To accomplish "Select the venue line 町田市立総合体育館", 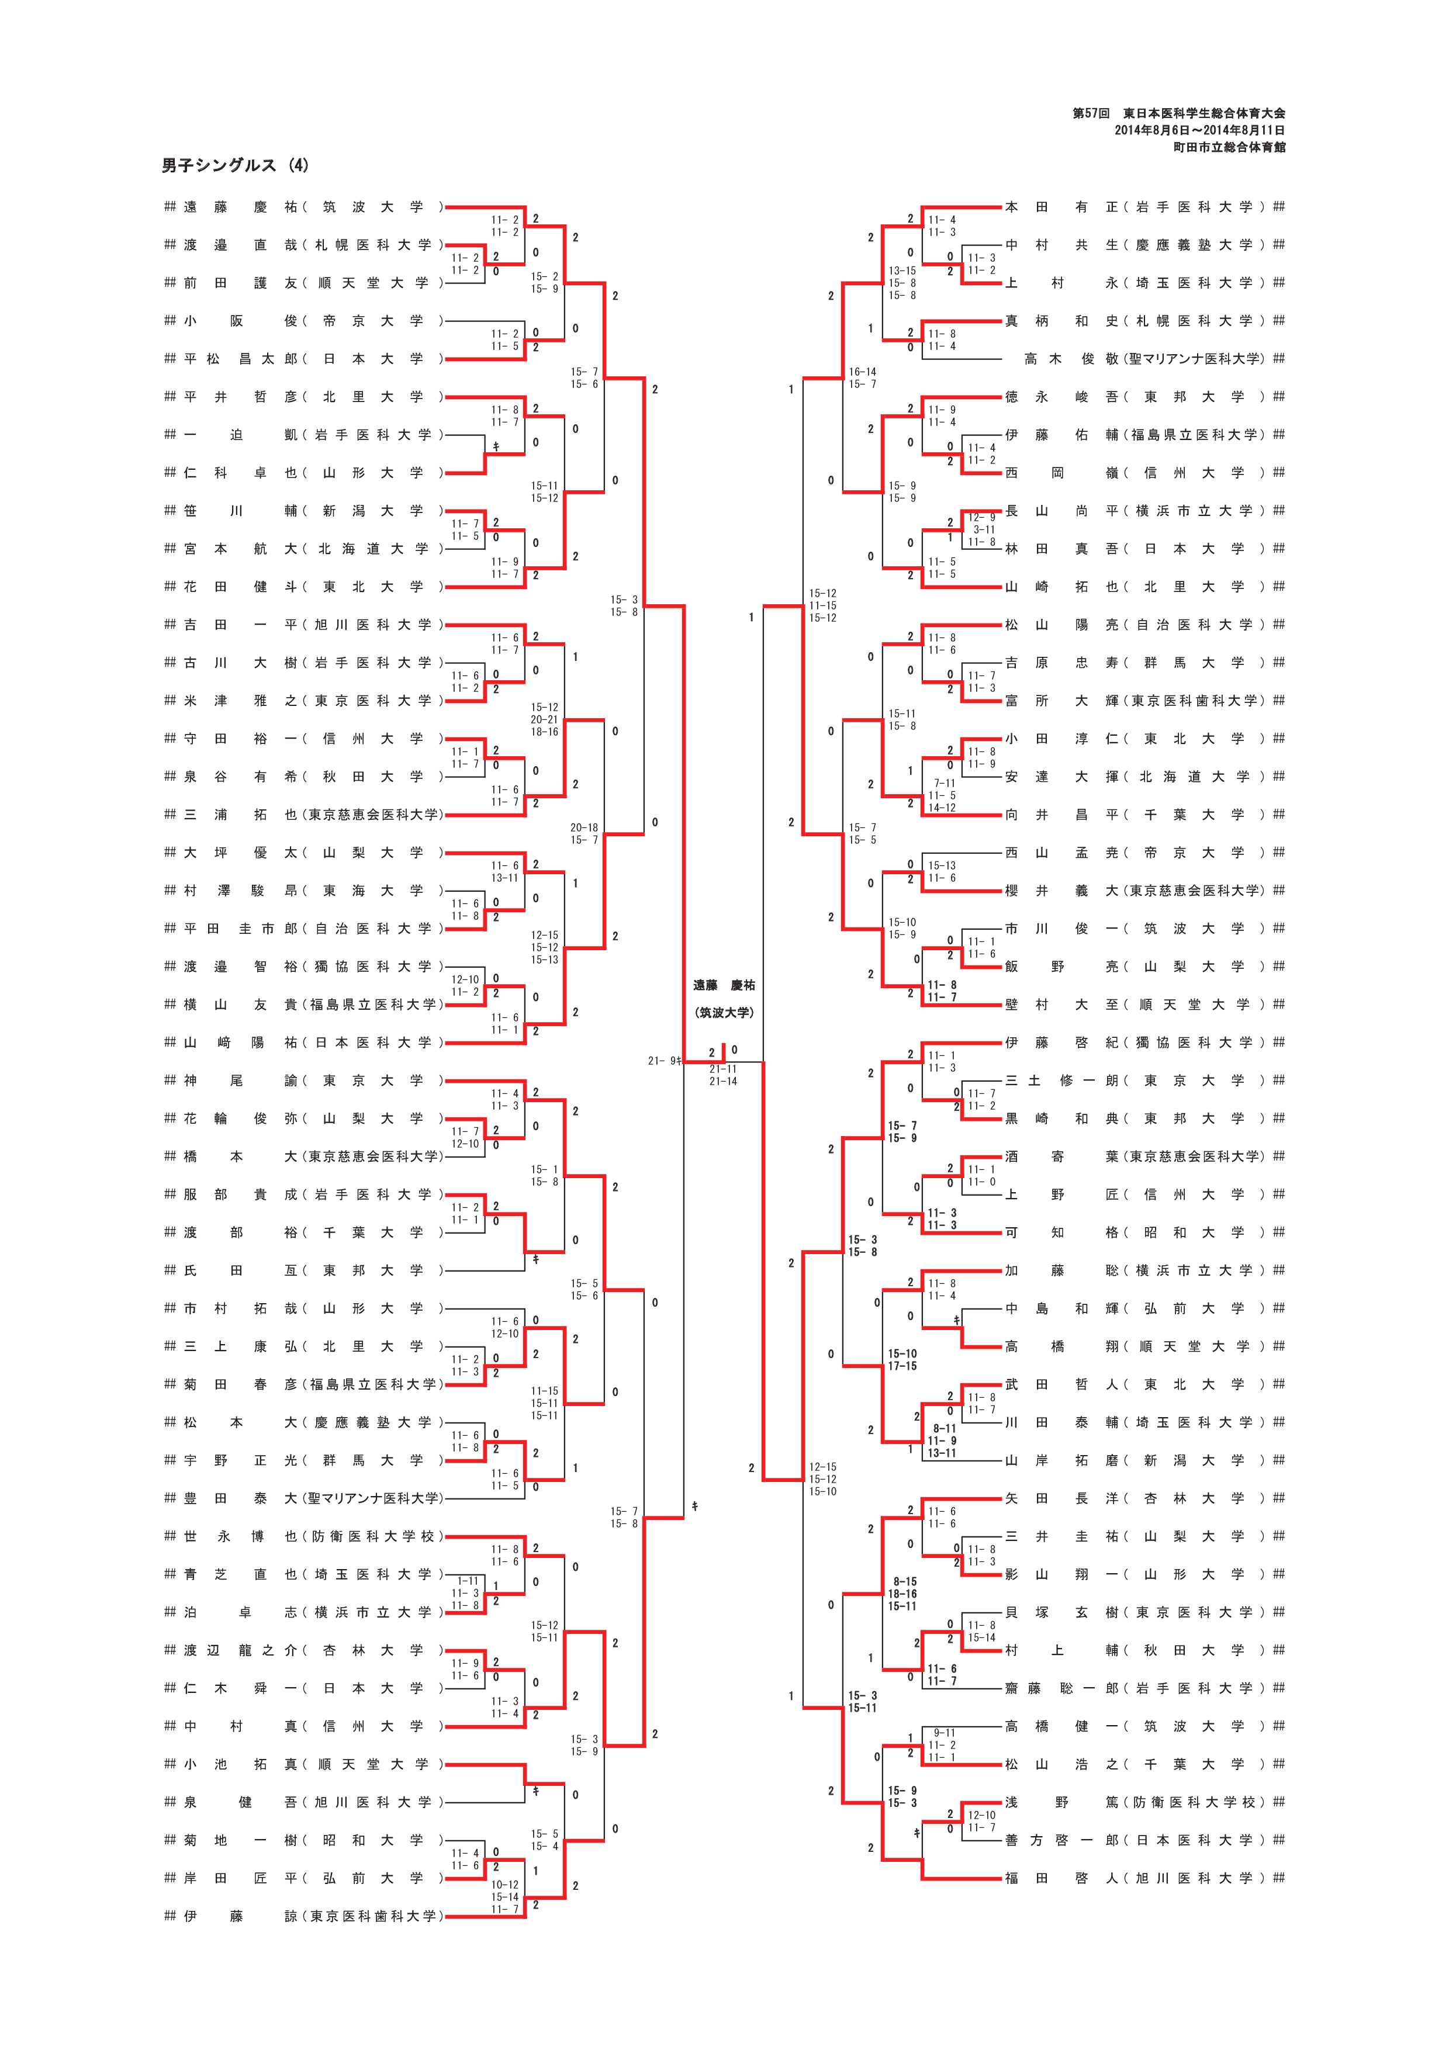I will point(1229,147).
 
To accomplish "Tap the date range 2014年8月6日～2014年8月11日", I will point(1199,130).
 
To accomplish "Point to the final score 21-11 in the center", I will point(723,1069).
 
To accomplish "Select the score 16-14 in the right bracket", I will point(862,372).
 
